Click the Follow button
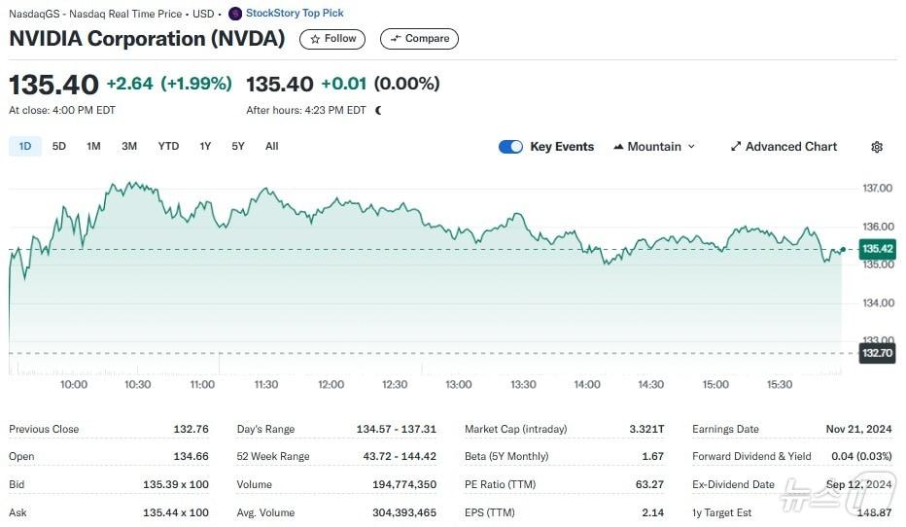pyautogui.click(x=332, y=39)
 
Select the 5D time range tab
pyautogui.click(x=59, y=146)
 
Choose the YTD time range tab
pyautogui.click(x=168, y=146)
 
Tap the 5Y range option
pyautogui.click(x=238, y=146)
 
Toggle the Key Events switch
pyautogui.click(x=510, y=147)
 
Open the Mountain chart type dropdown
pyautogui.click(x=654, y=147)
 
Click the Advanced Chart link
pyautogui.click(x=784, y=147)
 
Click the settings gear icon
pyautogui.click(x=877, y=147)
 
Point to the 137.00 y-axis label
pyautogui.click(x=877, y=188)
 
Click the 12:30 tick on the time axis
pyautogui.click(x=395, y=384)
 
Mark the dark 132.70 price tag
pyautogui.click(x=877, y=353)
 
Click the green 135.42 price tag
pyautogui.click(x=877, y=249)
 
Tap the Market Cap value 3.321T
pyautogui.click(x=646, y=429)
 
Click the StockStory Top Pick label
pyautogui.click(x=294, y=14)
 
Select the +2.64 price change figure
pyautogui.click(x=129, y=84)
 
